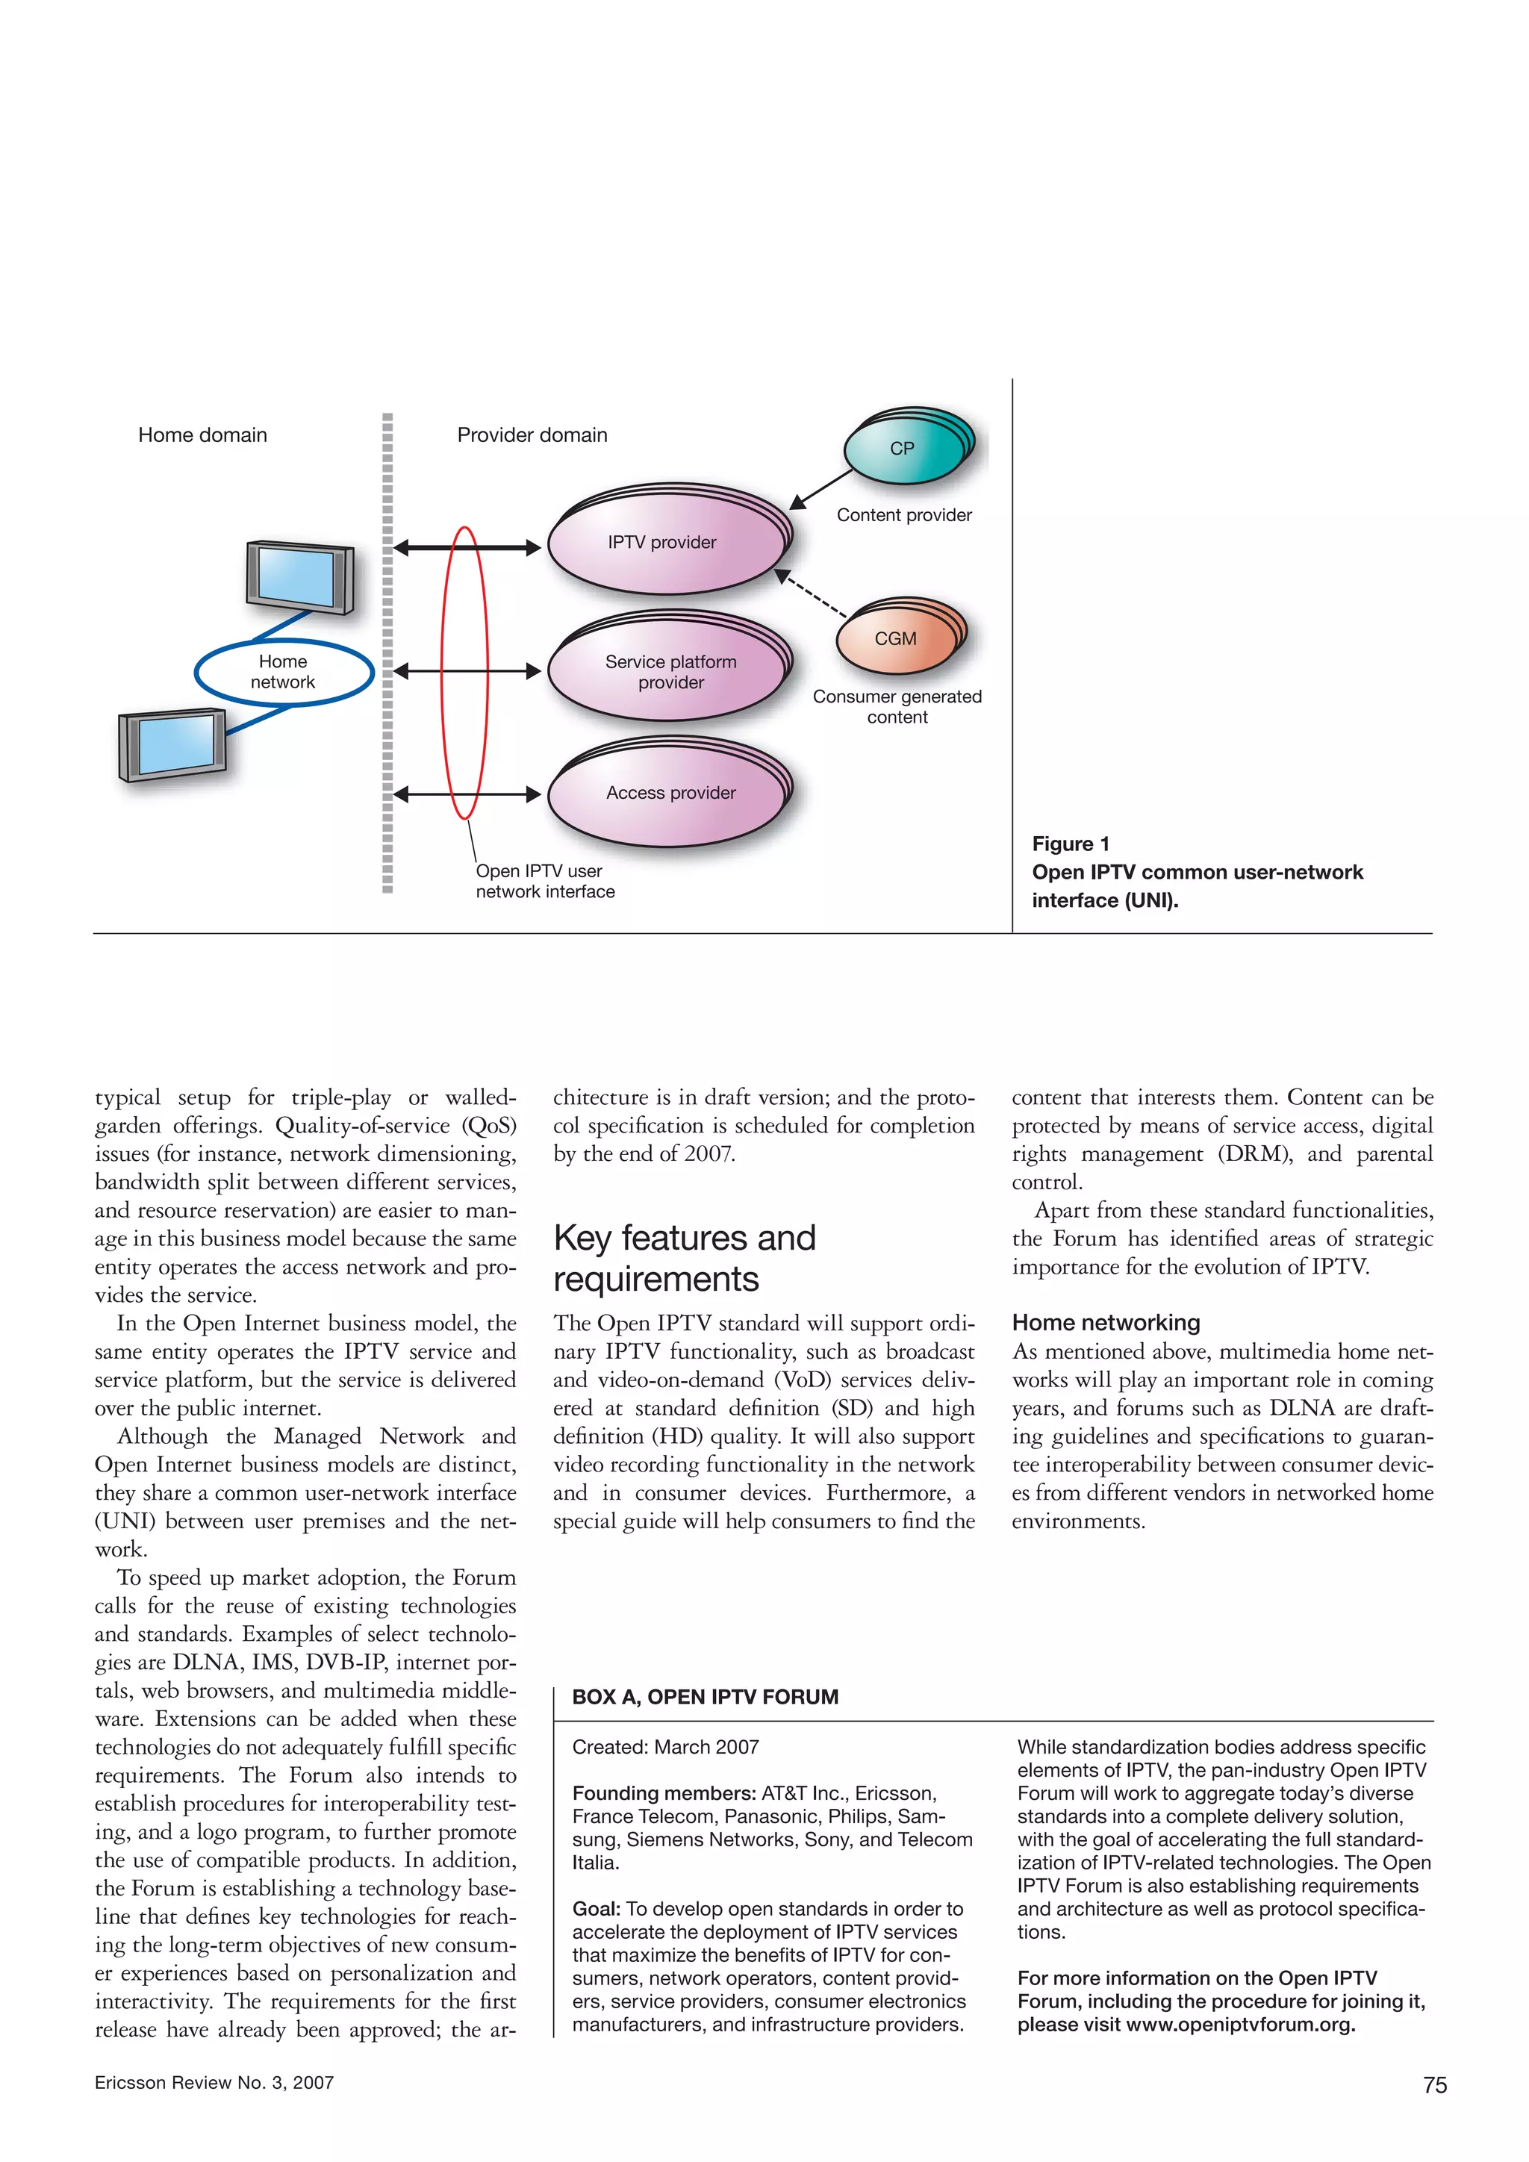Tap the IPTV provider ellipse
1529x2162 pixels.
(664, 543)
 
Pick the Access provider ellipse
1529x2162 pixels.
(670, 794)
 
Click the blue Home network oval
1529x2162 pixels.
(284, 673)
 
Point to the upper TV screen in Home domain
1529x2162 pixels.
(299, 576)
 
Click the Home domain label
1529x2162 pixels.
(202, 435)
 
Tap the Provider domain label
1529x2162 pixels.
(532, 435)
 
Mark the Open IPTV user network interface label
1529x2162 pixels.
(544, 882)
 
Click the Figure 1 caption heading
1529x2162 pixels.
(1071, 844)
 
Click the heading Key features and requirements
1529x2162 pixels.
(685, 1258)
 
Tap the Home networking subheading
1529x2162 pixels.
(1106, 1323)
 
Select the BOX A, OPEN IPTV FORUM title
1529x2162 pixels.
(706, 1697)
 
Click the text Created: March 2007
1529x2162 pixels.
(664, 1747)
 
